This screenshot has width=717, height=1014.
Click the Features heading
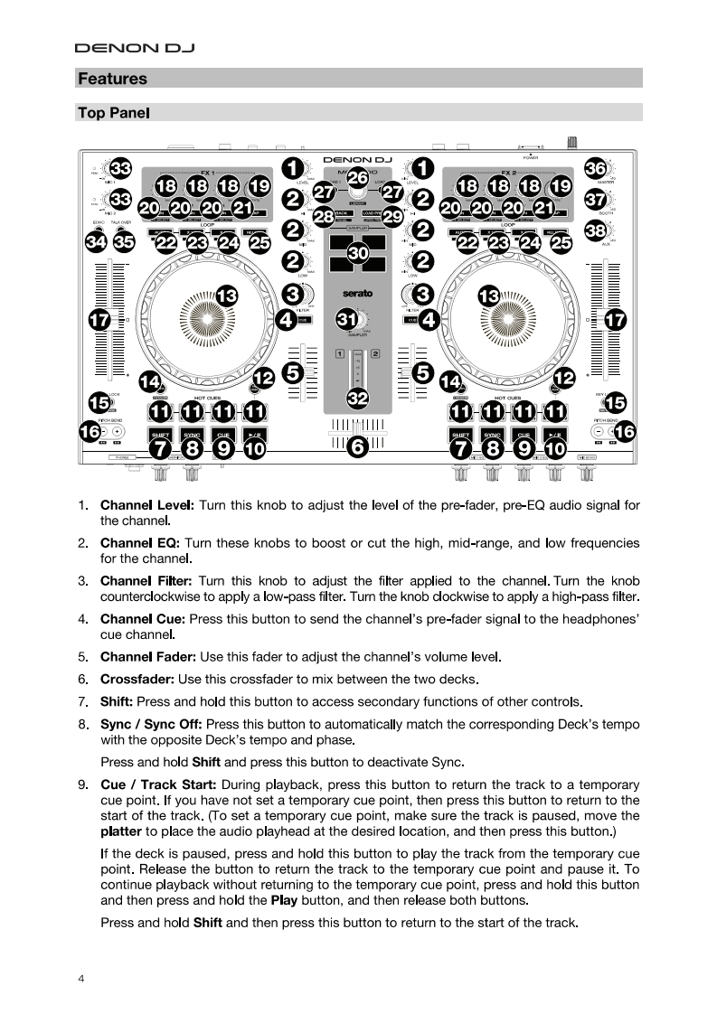click(x=112, y=79)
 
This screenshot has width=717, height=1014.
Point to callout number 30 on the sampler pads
click(x=358, y=255)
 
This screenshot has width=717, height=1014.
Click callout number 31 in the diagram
click(x=346, y=319)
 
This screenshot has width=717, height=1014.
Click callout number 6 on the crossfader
click(x=358, y=446)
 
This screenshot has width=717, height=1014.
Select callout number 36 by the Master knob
click(x=595, y=169)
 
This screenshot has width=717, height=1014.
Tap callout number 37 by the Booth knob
click(x=595, y=200)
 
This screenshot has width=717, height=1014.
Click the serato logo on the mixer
click(x=358, y=293)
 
